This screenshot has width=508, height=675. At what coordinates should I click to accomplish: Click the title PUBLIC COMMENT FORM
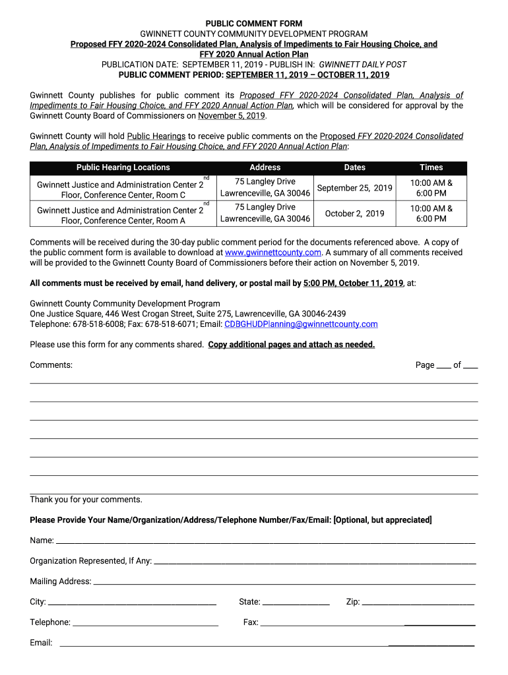pos(254,24)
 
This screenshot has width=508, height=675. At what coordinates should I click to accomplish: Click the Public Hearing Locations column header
pos(123,167)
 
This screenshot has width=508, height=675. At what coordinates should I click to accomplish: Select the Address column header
pos(265,167)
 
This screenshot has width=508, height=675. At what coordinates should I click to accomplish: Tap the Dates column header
pos(354,167)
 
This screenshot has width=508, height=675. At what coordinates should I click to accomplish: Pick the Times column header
pos(431,167)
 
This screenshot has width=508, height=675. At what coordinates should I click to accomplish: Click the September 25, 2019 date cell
pos(354,188)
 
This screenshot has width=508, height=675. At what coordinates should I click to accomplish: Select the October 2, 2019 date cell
pos(354,214)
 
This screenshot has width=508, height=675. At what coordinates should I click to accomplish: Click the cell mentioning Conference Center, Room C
pos(123,189)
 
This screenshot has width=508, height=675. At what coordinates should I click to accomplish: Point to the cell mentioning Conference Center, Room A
pos(123,215)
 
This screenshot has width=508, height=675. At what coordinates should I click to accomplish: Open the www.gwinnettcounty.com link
pos(272,252)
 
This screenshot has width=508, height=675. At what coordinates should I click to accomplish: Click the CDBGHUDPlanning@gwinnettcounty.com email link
pos(301,324)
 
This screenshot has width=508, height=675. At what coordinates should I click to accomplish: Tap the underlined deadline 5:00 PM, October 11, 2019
pos(353,283)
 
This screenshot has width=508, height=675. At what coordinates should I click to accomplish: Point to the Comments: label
pos(51,365)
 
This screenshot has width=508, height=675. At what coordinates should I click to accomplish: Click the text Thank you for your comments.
pos(86,500)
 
